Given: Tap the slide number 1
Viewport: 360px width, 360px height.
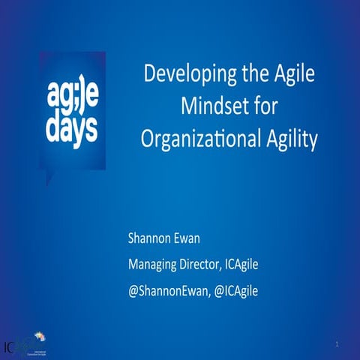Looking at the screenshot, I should pos(337,343).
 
